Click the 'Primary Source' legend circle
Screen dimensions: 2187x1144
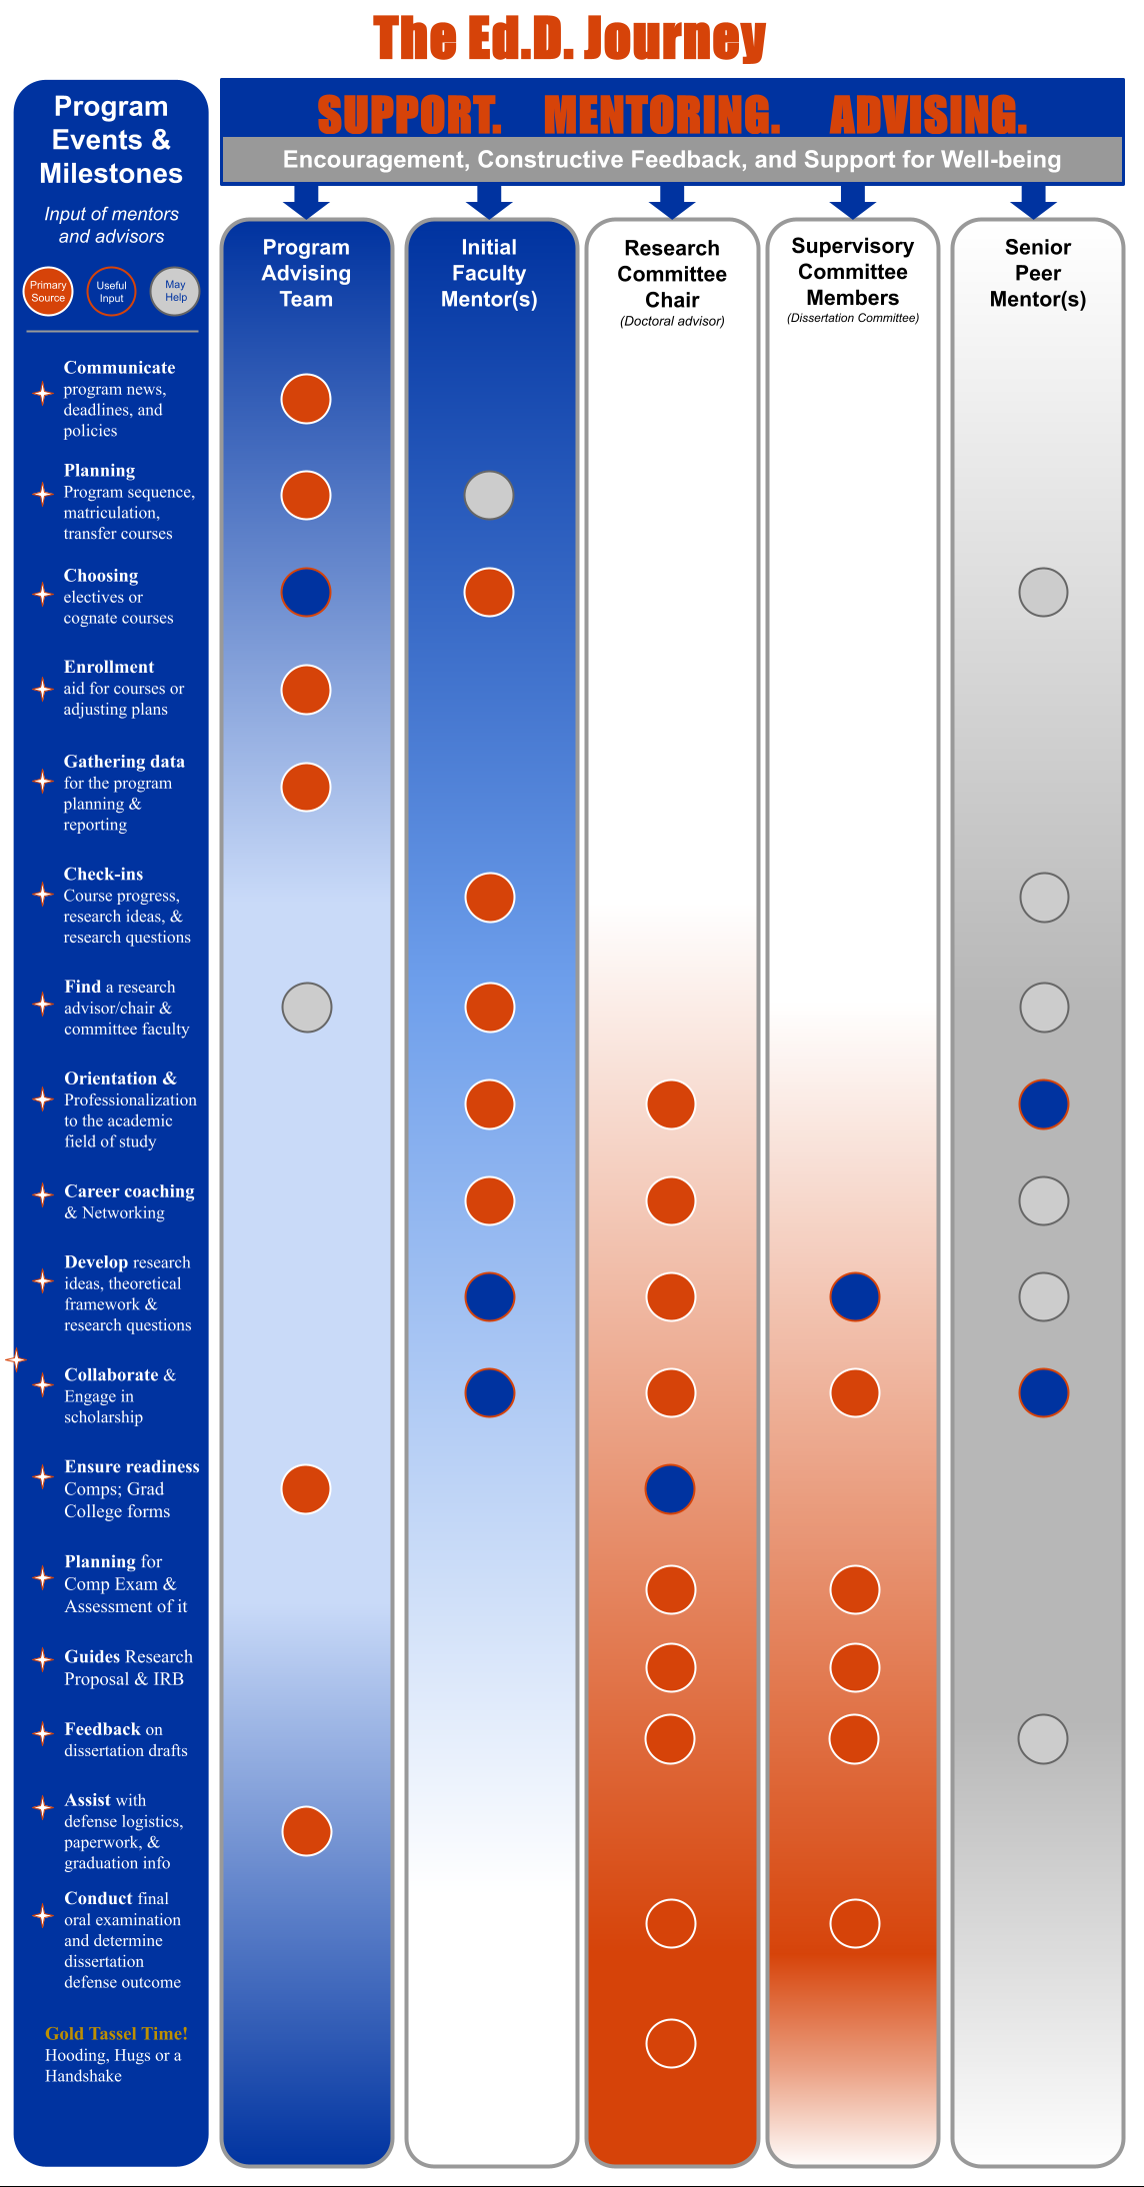48,291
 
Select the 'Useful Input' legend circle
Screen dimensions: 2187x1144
111,291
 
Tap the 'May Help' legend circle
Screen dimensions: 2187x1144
175,291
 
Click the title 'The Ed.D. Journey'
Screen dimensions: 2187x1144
570,38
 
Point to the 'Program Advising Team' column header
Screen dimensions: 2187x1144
306,273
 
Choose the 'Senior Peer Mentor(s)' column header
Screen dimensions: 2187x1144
1037,273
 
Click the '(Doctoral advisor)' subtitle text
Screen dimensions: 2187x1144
672,321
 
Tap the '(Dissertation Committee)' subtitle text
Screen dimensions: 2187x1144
853,318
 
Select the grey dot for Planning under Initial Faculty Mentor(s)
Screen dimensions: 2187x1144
489,495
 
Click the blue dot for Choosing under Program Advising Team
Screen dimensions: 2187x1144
306,592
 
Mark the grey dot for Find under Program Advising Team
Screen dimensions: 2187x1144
307,1007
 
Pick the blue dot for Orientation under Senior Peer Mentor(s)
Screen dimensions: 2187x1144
1044,1104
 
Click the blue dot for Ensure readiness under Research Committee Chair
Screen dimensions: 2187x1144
670,1488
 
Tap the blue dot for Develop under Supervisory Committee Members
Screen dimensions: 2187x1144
855,1296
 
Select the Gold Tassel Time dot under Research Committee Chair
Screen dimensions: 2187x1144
670,2043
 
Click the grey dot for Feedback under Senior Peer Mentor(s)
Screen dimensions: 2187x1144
1043,1738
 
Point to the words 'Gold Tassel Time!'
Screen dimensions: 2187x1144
116,2033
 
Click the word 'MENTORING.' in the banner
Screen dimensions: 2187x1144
662,115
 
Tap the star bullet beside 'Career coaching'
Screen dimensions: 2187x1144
42,1194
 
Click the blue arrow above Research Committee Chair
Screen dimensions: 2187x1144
672,201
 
